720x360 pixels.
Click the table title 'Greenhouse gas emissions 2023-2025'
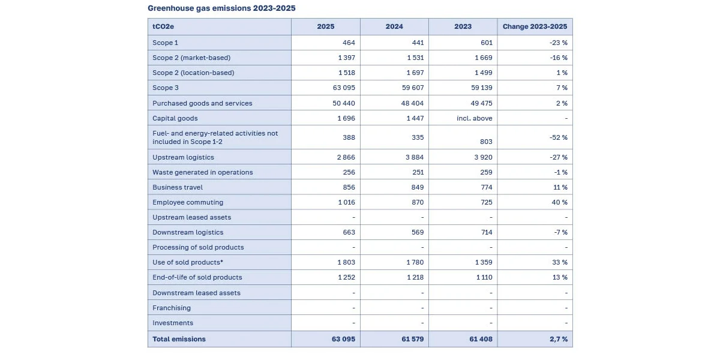pyautogui.click(x=221, y=8)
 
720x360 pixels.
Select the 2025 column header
pyautogui.click(x=326, y=26)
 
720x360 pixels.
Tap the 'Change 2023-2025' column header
pyautogui.click(x=535, y=26)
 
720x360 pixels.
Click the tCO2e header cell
pyautogui.click(x=163, y=26)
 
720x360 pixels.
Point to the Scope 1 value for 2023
pyautogui.click(x=486, y=43)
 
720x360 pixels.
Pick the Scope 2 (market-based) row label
pyautogui.click(x=191, y=58)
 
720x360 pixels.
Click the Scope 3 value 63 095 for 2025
pyautogui.click(x=344, y=88)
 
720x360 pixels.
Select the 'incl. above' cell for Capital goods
pyautogui.click(x=475, y=118)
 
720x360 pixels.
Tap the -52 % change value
pyautogui.click(x=559, y=137)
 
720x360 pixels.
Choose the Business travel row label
pyautogui.click(x=178, y=187)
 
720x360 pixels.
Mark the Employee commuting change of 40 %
pyautogui.click(x=560, y=202)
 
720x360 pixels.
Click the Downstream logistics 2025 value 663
pyautogui.click(x=349, y=232)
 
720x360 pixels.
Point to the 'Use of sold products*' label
pyautogui.click(x=188, y=262)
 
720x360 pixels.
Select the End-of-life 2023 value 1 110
pyautogui.click(x=484, y=277)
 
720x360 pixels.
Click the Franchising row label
pyautogui.click(x=172, y=308)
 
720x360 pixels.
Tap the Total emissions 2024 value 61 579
pyautogui.click(x=413, y=339)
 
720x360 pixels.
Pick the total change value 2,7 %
pyautogui.click(x=559, y=339)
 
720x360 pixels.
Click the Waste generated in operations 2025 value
pyautogui.click(x=349, y=172)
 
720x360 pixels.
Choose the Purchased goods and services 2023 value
pyautogui.click(x=481, y=103)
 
